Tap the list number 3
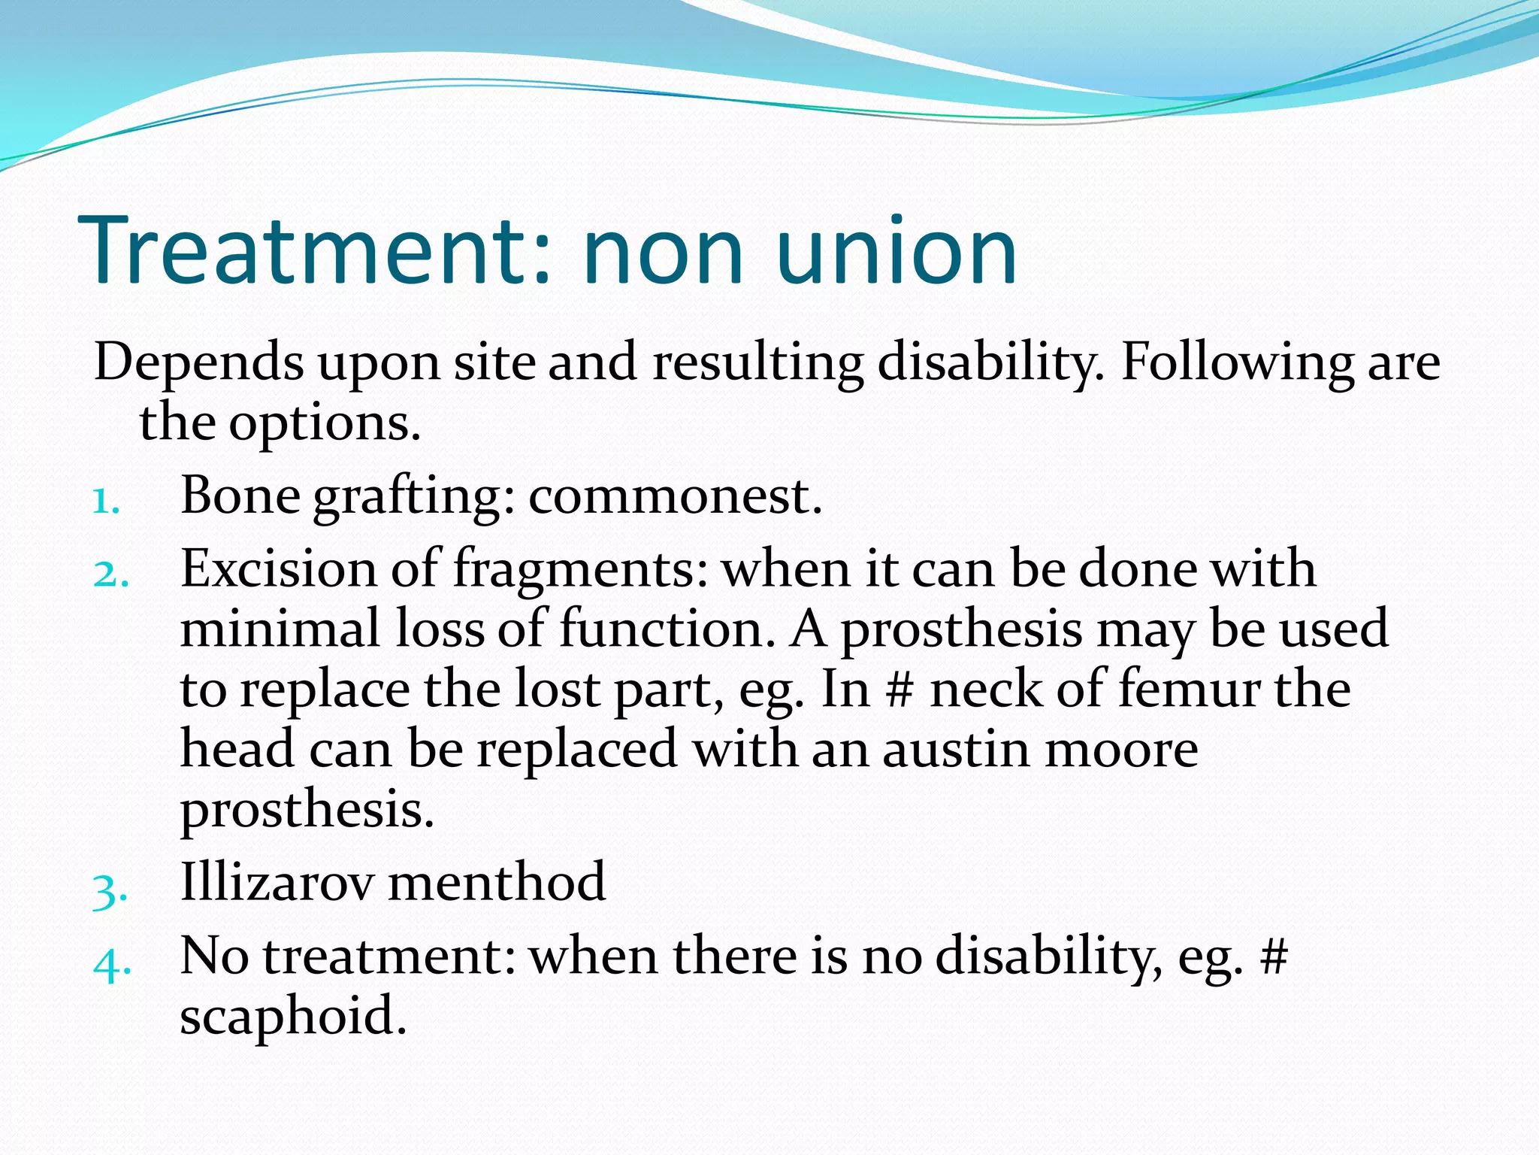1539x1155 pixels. [x=109, y=892]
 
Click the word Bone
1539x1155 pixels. [x=240, y=496]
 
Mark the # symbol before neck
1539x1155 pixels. [x=900, y=690]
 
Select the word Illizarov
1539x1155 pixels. [x=277, y=882]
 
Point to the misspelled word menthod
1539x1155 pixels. [x=497, y=882]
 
